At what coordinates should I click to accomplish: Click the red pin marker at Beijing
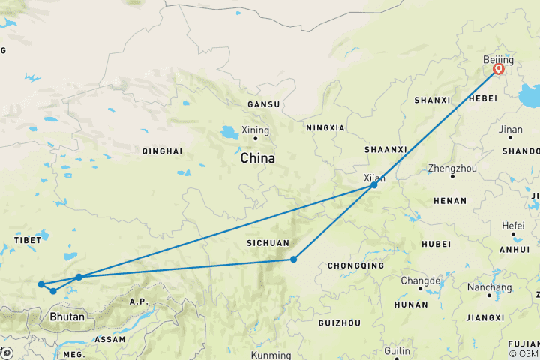click(498, 70)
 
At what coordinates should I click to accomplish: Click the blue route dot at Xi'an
click(373, 184)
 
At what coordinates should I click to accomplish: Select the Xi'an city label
click(373, 178)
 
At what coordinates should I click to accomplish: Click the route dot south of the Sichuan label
click(293, 259)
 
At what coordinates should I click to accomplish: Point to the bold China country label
click(257, 159)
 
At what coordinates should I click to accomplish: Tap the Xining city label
click(255, 130)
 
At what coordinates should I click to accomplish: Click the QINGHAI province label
click(162, 151)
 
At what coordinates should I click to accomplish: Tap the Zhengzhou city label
click(451, 169)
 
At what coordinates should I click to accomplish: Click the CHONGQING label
click(355, 265)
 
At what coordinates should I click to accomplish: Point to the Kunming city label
click(271, 355)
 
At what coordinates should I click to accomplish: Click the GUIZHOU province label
click(339, 322)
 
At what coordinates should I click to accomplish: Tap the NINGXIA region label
click(325, 127)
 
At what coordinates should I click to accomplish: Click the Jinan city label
click(511, 130)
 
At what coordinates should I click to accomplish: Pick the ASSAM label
click(109, 339)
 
